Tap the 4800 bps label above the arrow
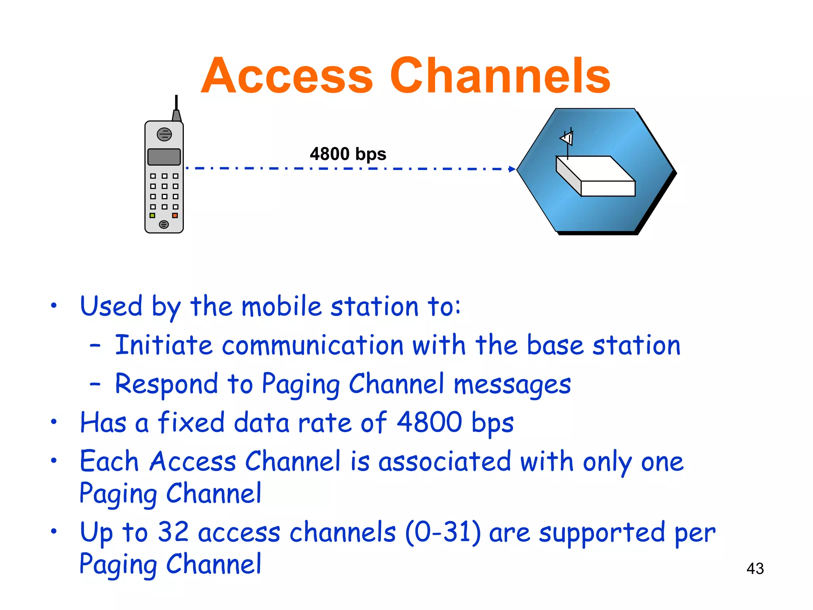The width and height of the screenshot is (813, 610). tap(348, 154)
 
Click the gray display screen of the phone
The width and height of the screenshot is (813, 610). tap(164, 157)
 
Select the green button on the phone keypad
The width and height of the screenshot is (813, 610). tap(152, 216)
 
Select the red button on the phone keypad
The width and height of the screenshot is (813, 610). tap(175, 216)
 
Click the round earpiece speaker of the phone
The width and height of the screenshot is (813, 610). tap(164, 135)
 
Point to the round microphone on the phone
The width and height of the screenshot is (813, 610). tap(164, 225)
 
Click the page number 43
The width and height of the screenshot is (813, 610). tap(755, 568)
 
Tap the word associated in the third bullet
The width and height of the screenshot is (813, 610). tap(445, 462)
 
